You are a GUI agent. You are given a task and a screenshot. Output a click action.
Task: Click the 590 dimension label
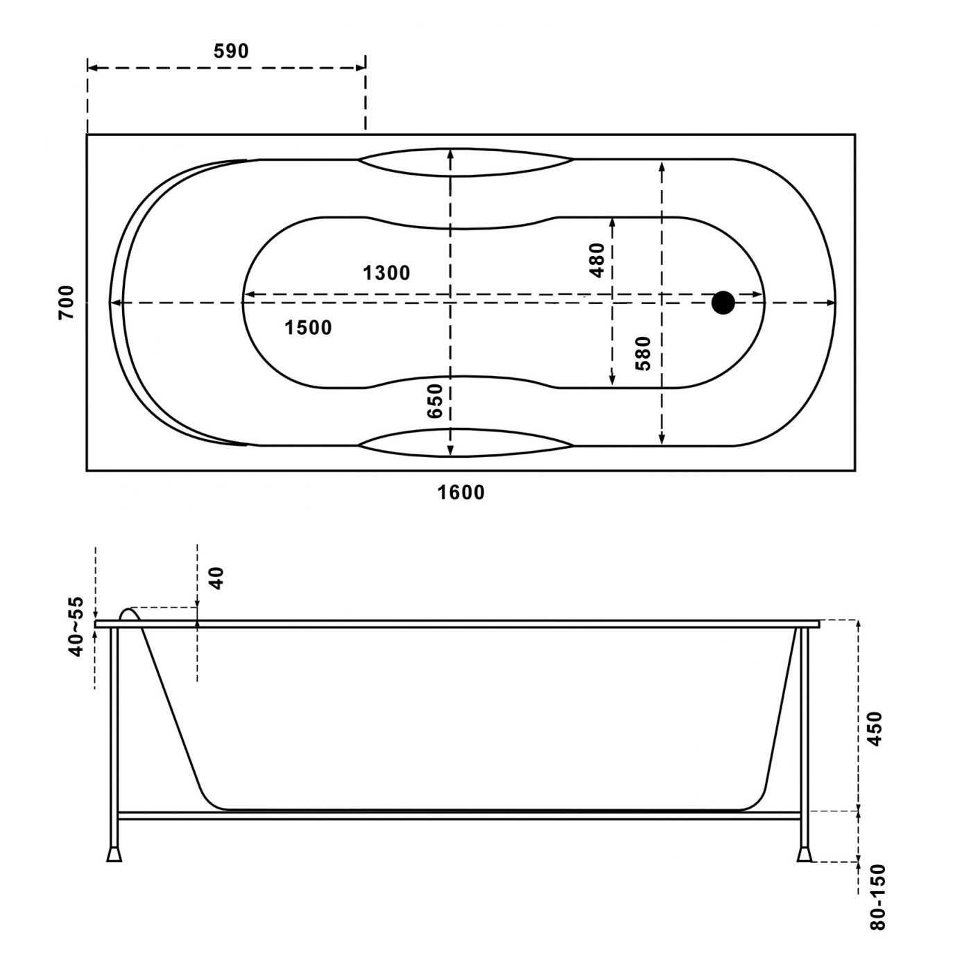(x=231, y=51)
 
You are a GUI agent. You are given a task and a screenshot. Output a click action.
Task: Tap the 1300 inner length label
(x=386, y=273)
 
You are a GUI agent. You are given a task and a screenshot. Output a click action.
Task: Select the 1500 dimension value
(x=309, y=327)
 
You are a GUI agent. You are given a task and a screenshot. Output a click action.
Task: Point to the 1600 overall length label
(x=461, y=492)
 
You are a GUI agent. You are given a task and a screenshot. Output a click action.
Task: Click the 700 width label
(x=66, y=302)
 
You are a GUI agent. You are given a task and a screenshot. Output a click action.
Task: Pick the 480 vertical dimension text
(x=596, y=260)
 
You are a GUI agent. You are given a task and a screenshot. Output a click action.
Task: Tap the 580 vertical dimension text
(x=644, y=354)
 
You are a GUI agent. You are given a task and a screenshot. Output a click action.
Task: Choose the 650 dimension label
(x=434, y=401)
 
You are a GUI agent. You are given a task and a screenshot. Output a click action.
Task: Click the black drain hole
(x=723, y=302)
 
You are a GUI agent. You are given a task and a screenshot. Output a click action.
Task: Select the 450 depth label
(x=875, y=729)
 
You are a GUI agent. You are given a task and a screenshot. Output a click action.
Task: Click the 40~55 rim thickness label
(x=75, y=627)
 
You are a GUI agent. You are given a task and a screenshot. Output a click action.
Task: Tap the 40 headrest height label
(x=216, y=578)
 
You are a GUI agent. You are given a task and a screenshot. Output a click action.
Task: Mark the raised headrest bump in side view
(x=130, y=615)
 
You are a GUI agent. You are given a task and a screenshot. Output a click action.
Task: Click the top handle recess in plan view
(x=465, y=162)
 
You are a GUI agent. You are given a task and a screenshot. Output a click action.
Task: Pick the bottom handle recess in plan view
(x=465, y=443)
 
